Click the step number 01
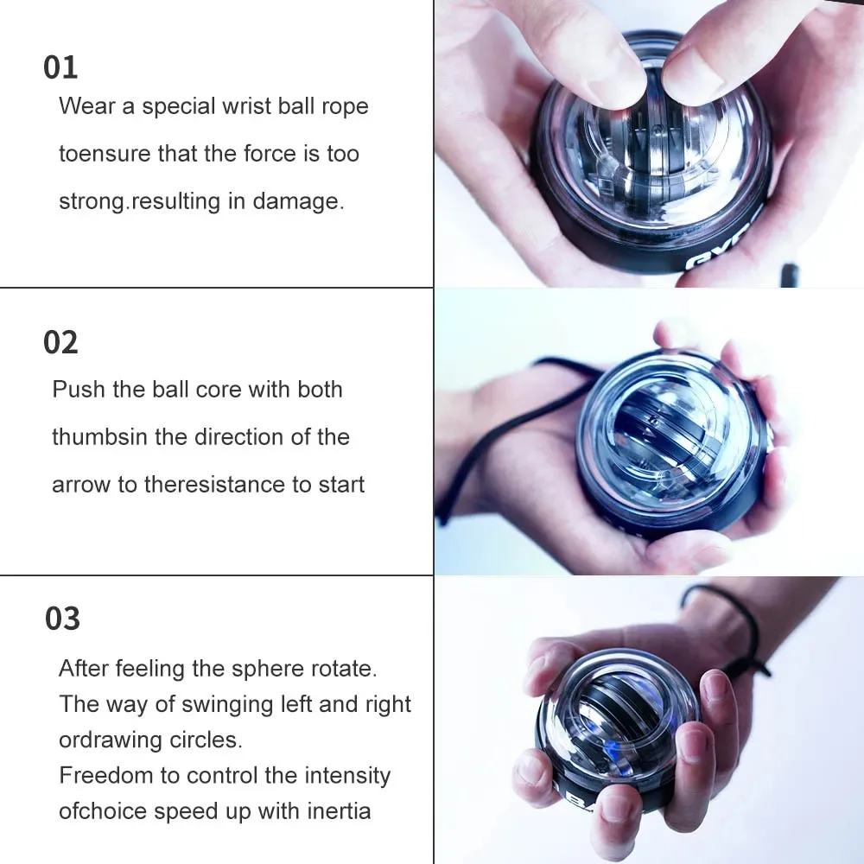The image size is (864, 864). click(60, 67)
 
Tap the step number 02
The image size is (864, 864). click(60, 343)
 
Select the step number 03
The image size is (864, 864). click(62, 619)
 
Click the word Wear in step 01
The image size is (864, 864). click(85, 107)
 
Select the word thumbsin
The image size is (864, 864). click(99, 437)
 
